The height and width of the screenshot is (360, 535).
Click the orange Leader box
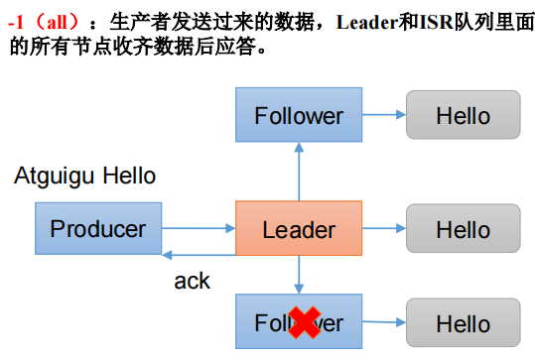click(x=299, y=230)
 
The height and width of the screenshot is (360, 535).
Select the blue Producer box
click(x=98, y=230)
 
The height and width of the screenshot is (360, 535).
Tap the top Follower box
click(x=299, y=115)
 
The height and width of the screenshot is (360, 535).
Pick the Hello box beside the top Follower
click(x=463, y=115)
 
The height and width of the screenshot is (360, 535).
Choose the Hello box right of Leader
click(x=463, y=230)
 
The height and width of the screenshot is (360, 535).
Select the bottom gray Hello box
click(x=463, y=324)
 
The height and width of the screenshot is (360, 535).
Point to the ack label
click(x=192, y=281)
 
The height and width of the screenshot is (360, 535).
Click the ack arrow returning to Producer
click(x=199, y=255)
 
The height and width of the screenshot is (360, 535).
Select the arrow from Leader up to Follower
click(x=299, y=171)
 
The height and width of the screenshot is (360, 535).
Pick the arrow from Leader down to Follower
click(x=299, y=277)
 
